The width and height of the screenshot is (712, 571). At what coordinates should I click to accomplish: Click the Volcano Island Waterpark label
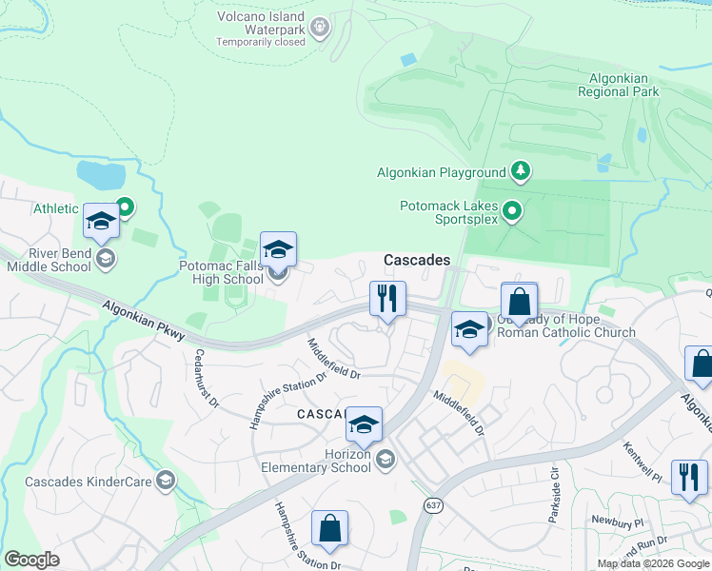(x=260, y=29)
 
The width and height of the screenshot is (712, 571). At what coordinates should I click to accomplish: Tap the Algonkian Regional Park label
(x=618, y=85)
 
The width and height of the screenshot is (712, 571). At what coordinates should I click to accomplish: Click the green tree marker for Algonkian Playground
(x=520, y=172)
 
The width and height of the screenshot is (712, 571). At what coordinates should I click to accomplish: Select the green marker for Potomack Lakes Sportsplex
(x=512, y=210)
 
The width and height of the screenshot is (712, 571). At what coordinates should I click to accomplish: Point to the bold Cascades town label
(x=416, y=260)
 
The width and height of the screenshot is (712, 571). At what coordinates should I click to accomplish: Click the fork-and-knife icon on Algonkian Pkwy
(x=387, y=299)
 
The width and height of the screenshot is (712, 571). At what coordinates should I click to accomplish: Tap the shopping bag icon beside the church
(x=519, y=302)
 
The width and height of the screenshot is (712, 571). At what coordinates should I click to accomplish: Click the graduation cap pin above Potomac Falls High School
(x=278, y=249)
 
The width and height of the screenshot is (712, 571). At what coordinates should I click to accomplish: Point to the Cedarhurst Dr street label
(x=208, y=378)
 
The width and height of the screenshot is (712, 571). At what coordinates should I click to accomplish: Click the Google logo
(x=32, y=561)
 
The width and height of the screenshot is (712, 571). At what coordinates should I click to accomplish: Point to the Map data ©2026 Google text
(x=652, y=563)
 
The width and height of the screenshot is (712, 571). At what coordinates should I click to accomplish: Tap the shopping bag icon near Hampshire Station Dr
(x=328, y=529)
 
